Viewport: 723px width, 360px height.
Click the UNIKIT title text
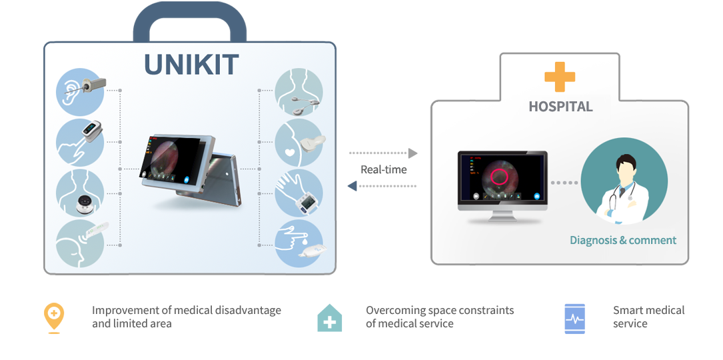point(191,65)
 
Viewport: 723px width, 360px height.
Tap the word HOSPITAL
point(560,106)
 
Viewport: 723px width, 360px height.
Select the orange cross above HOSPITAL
point(560,76)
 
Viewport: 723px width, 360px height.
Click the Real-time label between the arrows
point(384,169)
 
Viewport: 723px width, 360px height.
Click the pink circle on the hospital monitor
point(498,177)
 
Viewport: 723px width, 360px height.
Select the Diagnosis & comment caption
point(623,240)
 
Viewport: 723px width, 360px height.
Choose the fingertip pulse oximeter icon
point(80,142)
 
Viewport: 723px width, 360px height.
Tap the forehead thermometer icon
point(81,243)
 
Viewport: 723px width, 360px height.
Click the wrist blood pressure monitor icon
point(299,193)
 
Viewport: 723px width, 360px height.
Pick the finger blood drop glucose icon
point(299,243)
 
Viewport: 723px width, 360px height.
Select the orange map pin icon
point(54,317)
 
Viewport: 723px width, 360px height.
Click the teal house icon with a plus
point(330,317)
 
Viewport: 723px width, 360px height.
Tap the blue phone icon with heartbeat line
point(574,319)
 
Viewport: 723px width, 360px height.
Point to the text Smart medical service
point(648,317)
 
